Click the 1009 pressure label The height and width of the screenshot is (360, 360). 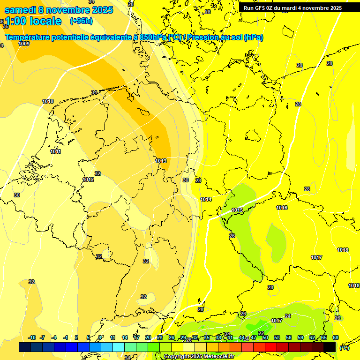(24, 44)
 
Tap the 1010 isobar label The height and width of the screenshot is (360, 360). (47, 101)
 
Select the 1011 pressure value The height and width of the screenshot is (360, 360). (56, 151)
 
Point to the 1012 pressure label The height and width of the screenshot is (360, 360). (88, 180)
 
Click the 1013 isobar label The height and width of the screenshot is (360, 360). (161, 161)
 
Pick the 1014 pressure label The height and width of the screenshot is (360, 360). (206, 199)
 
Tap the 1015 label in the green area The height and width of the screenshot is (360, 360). (237, 210)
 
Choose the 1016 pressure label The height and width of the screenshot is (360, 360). (282, 208)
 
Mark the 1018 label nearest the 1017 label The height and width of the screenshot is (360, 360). (343, 250)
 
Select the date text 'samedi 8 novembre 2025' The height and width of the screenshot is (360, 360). (59, 10)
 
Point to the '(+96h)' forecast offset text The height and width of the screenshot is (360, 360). (81, 21)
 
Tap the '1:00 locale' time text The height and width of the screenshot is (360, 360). (33, 21)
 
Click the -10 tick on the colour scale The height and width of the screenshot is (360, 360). (32, 337)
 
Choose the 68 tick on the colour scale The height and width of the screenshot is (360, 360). (336, 337)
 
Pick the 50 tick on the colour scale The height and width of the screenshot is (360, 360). (265, 337)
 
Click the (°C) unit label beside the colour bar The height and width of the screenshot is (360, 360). (344, 347)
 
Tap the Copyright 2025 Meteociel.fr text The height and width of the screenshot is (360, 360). (199, 357)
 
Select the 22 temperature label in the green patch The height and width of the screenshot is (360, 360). (261, 333)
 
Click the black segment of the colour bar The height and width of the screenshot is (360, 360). (330, 347)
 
